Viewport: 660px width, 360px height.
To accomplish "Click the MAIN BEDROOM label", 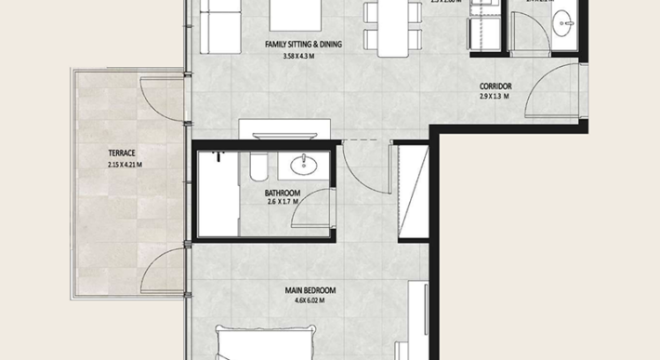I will point(310,290).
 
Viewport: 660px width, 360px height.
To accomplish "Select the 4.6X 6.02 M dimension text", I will point(310,301).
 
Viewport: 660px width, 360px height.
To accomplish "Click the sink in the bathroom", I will point(303,167).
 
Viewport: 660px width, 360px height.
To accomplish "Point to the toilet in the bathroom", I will point(257,168).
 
